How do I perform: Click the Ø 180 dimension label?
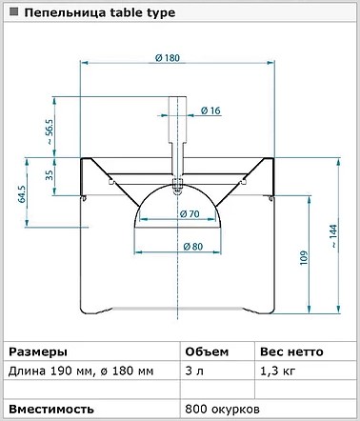pos(168,58)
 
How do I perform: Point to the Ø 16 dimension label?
pos(210,110)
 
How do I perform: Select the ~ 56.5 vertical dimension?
pos(50,131)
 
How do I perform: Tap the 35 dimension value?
pos(50,175)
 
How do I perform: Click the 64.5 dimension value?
pos(22,194)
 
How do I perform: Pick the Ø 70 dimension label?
pos(190,214)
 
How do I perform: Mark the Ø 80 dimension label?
pos(192,247)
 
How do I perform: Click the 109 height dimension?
pos(304,258)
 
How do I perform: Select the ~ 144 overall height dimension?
pos(334,236)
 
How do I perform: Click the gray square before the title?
pos(13,12)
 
